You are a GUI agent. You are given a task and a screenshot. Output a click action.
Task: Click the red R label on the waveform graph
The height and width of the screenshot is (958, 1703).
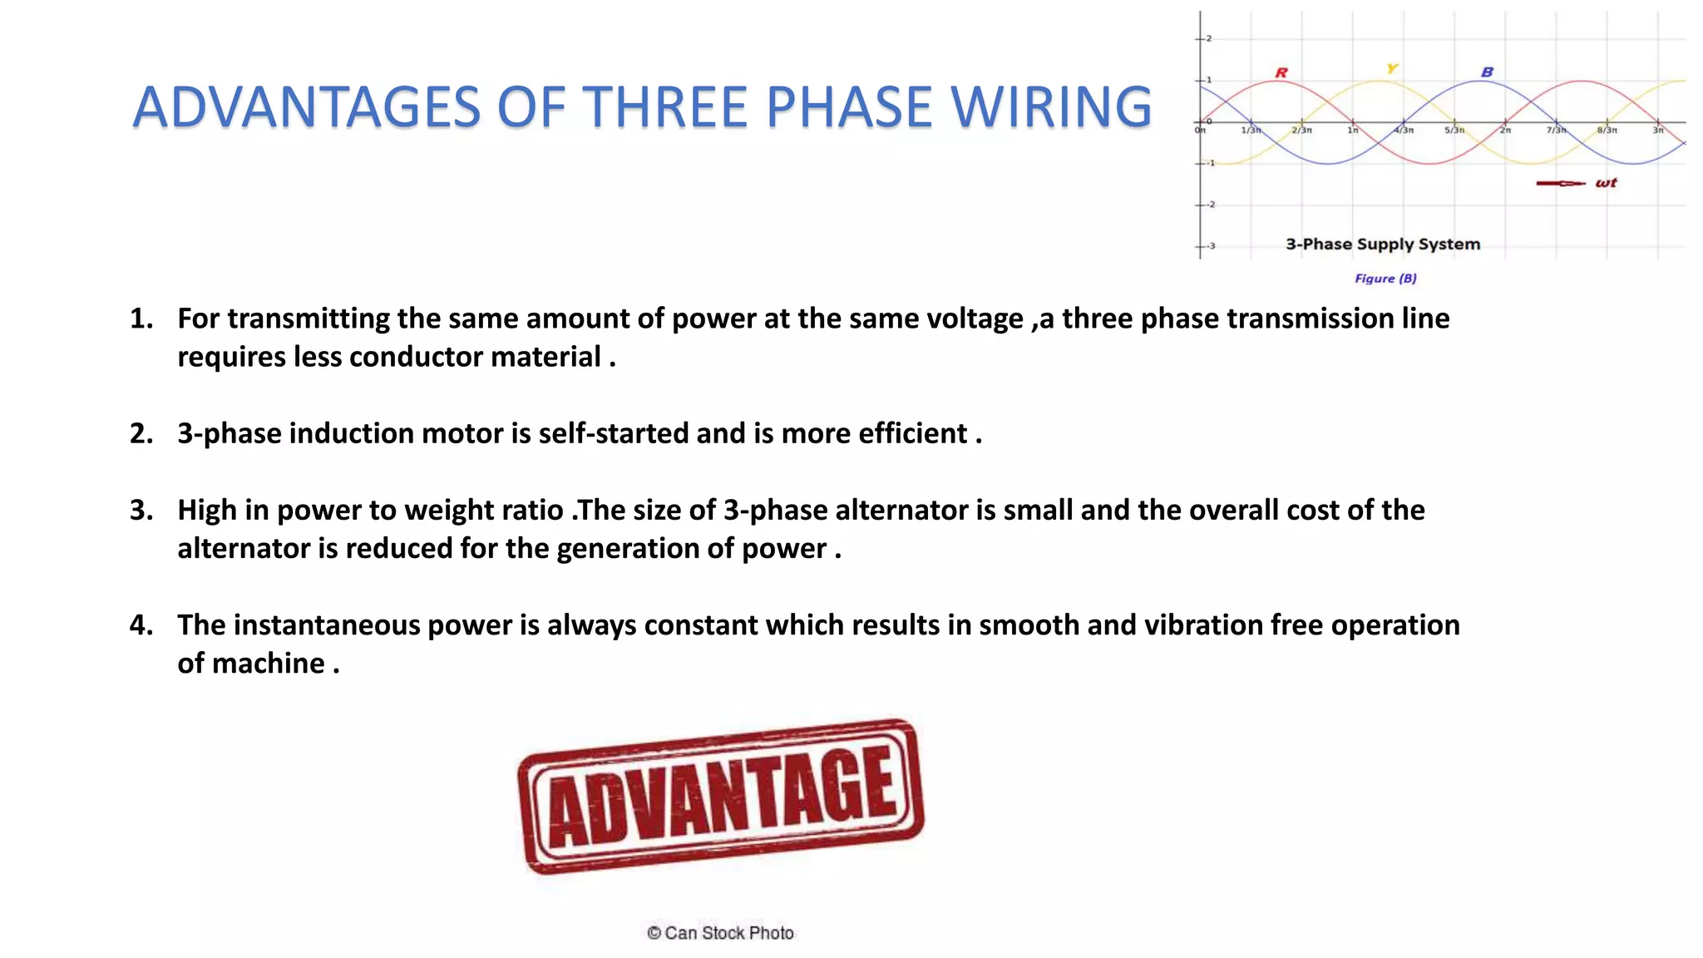pyautogui.click(x=1281, y=73)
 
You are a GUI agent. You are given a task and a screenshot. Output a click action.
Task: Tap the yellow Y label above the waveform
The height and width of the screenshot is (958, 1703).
pyautogui.click(x=1392, y=68)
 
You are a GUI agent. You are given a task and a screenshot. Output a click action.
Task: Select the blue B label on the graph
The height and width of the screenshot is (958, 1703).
pyautogui.click(x=1487, y=72)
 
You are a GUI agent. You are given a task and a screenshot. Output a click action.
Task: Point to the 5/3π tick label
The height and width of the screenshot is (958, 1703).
pyautogui.click(x=1454, y=131)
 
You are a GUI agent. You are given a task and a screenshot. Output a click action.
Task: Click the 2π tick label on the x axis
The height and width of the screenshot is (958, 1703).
pyautogui.click(x=1505, y=131)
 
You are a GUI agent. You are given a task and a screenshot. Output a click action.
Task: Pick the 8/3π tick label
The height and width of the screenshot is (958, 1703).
pyautogui.click(x=1607, y=131)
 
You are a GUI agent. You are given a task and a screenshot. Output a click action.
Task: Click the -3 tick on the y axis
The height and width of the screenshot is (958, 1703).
pyautogui.click(x=1211, y=246)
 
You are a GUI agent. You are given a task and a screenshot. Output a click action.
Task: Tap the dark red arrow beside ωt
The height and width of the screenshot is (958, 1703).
pyautogui.click(x=1560, y=183)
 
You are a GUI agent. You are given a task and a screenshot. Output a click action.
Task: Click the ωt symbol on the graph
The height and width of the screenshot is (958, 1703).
pyautogui.click(x=1606, y=183)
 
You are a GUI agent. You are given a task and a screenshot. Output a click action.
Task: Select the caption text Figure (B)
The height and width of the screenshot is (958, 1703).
pyautogui.click(x=1385, y=279)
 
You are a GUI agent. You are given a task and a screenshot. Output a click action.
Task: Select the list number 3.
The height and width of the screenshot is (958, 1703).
pyautogui.click(x=141, y=510)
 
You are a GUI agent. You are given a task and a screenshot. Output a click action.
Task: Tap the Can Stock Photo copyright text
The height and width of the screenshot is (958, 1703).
pyautogui.click(x=720, y=933)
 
